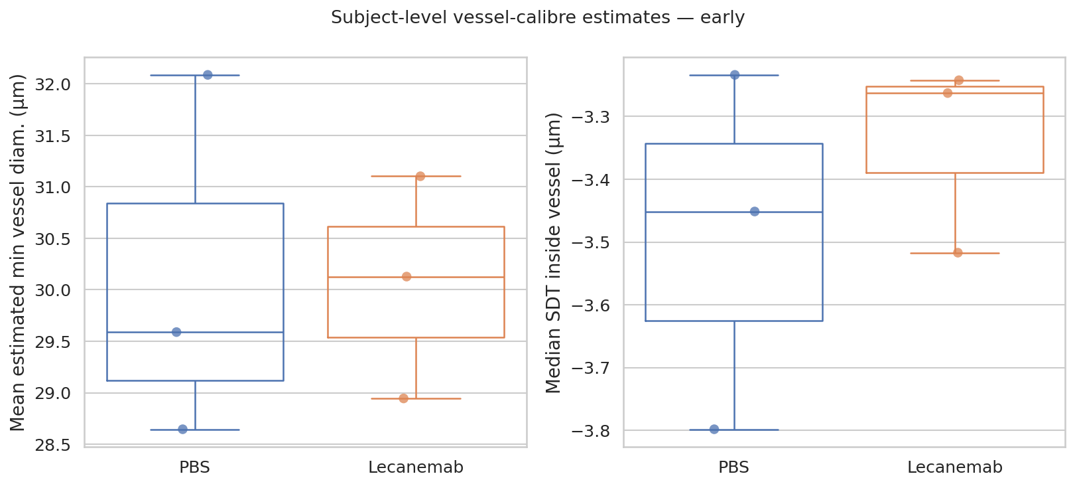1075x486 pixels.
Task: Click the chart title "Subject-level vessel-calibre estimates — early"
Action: tap(537, 18)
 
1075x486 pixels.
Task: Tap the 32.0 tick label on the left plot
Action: tap(52, 84)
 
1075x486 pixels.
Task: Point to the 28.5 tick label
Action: tap(52, 445)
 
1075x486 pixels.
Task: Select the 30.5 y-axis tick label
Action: tap(52, 239)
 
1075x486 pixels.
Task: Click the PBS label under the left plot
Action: tap(194, 467)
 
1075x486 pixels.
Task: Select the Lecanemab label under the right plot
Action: tap(954, 467)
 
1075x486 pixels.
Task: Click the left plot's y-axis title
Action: tap(17, 252)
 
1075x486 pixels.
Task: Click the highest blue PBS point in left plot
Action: tap(208, 75)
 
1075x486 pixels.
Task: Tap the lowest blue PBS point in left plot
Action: tap(183, 430)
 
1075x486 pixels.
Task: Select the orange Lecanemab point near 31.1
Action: tap(420, 176)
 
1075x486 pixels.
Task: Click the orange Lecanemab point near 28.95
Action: tap(404, 398)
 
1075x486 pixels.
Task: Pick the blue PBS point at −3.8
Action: tap(714, 429)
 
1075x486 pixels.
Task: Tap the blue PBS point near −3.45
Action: tap(755, 211)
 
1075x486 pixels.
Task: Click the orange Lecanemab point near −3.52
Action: tap(958, 252)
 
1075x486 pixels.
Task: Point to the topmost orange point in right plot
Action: tap(959, 80)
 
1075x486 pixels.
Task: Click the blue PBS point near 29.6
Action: tap(176, 332)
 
